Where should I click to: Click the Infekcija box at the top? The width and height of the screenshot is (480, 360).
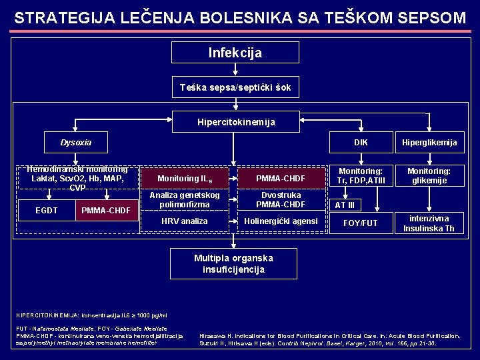click(235, 53)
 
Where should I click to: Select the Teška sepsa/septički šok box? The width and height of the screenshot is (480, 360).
click(235, 87)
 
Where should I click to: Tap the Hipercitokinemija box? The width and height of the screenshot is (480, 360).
click(235, 122)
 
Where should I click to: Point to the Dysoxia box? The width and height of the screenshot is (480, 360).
click(76, 142)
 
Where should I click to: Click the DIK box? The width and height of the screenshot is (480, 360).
click(361, 142)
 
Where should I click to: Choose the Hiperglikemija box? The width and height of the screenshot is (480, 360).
click(429, 142)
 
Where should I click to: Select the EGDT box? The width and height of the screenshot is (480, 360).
click(46, 211)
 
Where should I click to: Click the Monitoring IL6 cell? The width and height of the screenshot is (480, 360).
click(185, 179)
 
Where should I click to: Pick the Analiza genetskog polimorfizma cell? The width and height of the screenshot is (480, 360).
click(185, 199)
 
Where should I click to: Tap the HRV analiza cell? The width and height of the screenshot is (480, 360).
click(185, 221)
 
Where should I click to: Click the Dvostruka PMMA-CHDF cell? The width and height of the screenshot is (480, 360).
click(281, 199)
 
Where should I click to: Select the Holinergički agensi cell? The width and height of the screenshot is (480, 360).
click(281, 221)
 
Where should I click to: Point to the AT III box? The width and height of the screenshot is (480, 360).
click(345, 205)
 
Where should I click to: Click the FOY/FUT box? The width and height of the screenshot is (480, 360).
click(360, 223)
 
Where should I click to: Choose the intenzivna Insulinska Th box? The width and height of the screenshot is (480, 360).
click(429, 223)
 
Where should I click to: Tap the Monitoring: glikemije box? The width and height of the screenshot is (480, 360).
click(429, 176)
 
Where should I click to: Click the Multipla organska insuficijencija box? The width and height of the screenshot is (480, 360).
click(233, 263)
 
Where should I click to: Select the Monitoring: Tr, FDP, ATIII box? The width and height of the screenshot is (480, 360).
click(360, 176)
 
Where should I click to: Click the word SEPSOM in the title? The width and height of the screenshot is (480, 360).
click(430, 18)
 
